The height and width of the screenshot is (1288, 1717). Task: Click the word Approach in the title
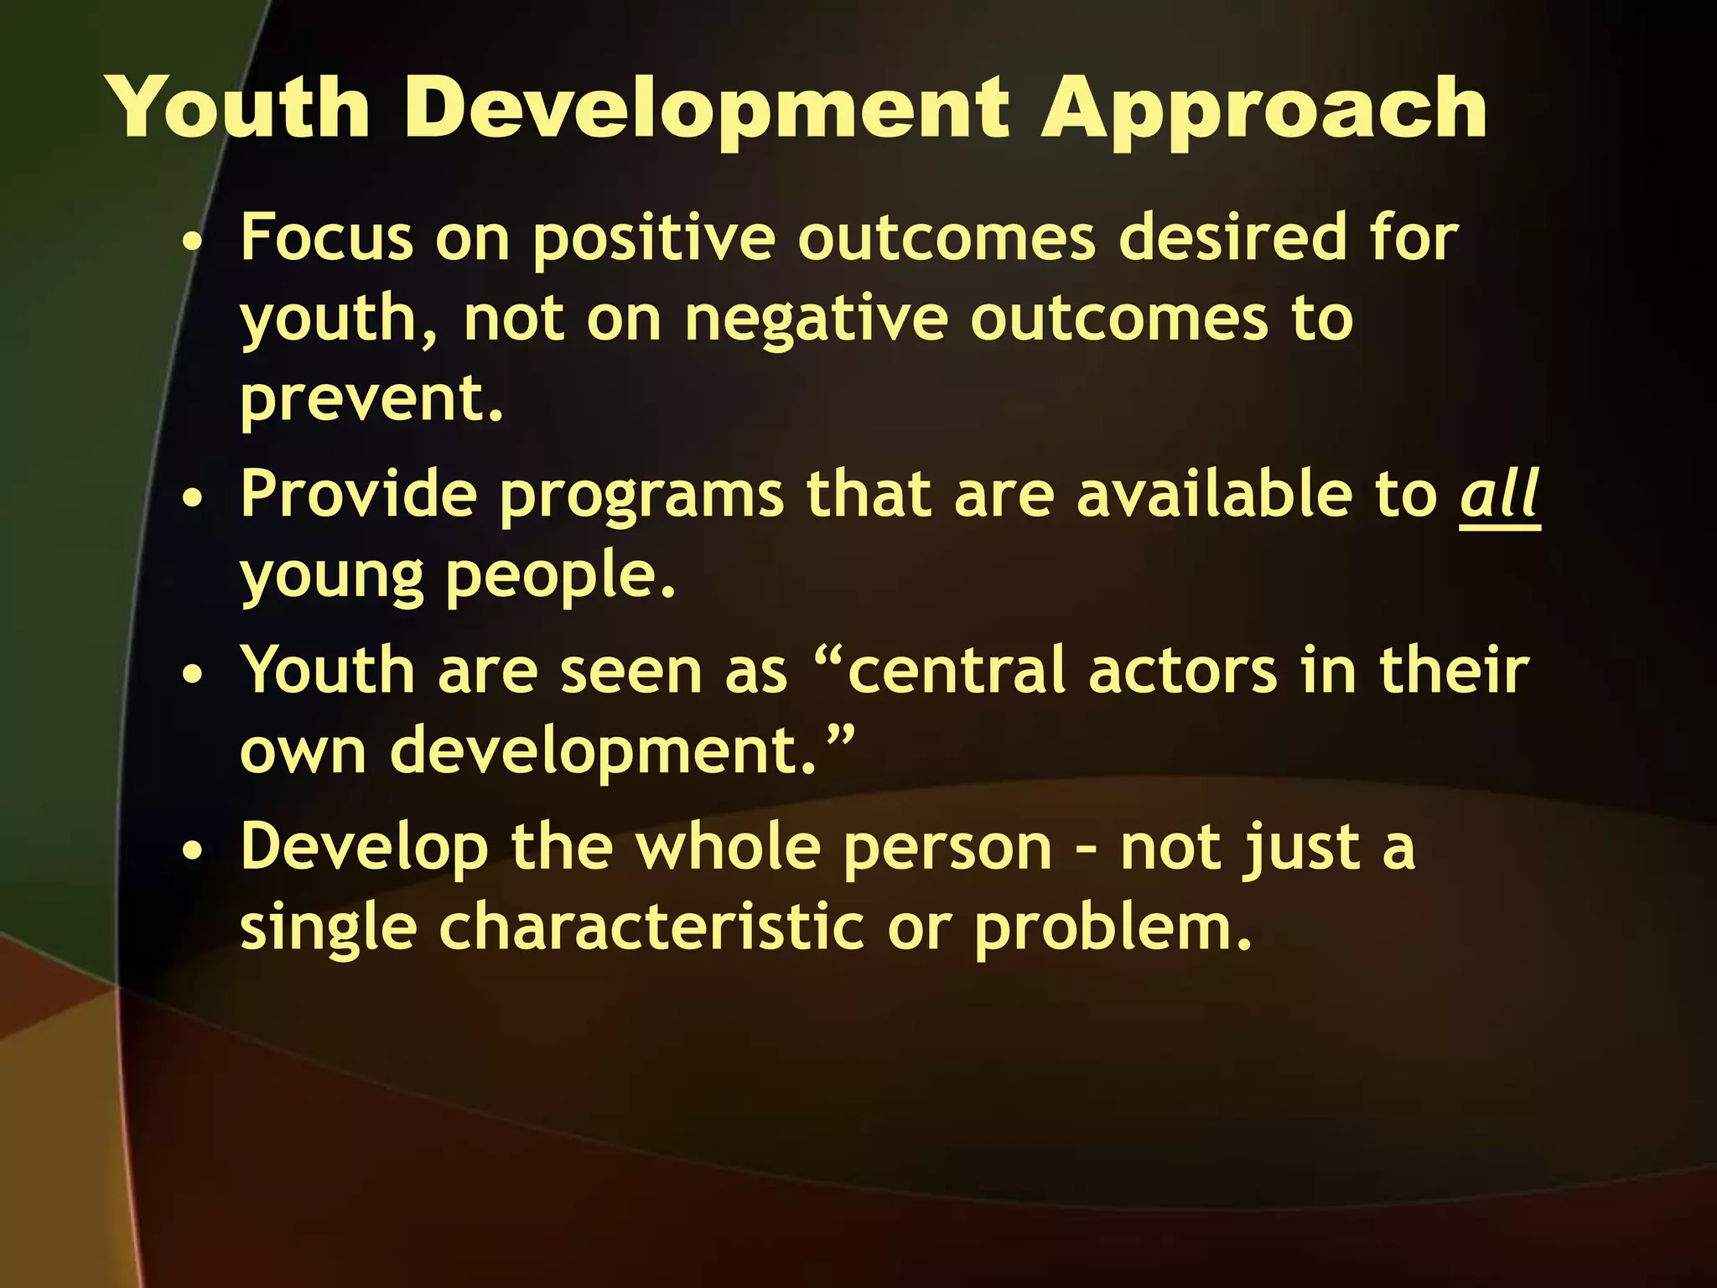1263,109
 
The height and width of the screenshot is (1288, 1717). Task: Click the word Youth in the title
240,109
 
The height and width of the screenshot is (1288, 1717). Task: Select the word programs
642,496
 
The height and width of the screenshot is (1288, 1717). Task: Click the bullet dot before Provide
194,497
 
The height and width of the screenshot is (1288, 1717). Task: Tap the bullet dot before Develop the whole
194,850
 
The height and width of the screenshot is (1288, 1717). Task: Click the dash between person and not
1087,850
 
